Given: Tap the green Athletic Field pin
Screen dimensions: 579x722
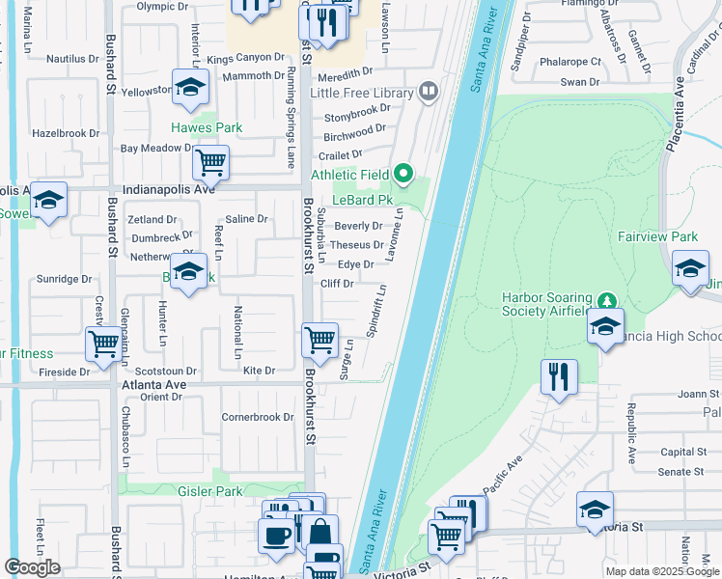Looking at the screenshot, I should [x=403, y=176].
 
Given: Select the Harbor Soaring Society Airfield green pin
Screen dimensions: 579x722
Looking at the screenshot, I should [x=605, y=299].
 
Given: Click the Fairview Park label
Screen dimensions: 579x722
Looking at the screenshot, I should [x=657, y=236].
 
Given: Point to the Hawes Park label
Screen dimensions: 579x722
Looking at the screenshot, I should [x=207, y=127].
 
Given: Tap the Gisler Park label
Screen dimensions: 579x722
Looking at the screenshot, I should [x=209, y=491].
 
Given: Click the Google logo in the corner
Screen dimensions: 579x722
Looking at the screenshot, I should [x=32, y=567].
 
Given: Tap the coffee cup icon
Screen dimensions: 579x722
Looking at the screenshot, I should [x=275, y=537].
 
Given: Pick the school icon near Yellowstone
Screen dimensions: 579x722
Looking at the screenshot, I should [x=191, y=87].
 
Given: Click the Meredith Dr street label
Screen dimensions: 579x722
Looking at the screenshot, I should [x=345, y=72].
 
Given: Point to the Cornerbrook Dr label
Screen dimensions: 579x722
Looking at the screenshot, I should [x=258, y=418].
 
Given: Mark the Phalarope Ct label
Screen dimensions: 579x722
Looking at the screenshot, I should [x=570, y=61].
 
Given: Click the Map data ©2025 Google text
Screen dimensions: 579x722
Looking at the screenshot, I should [x=661, y=571].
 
